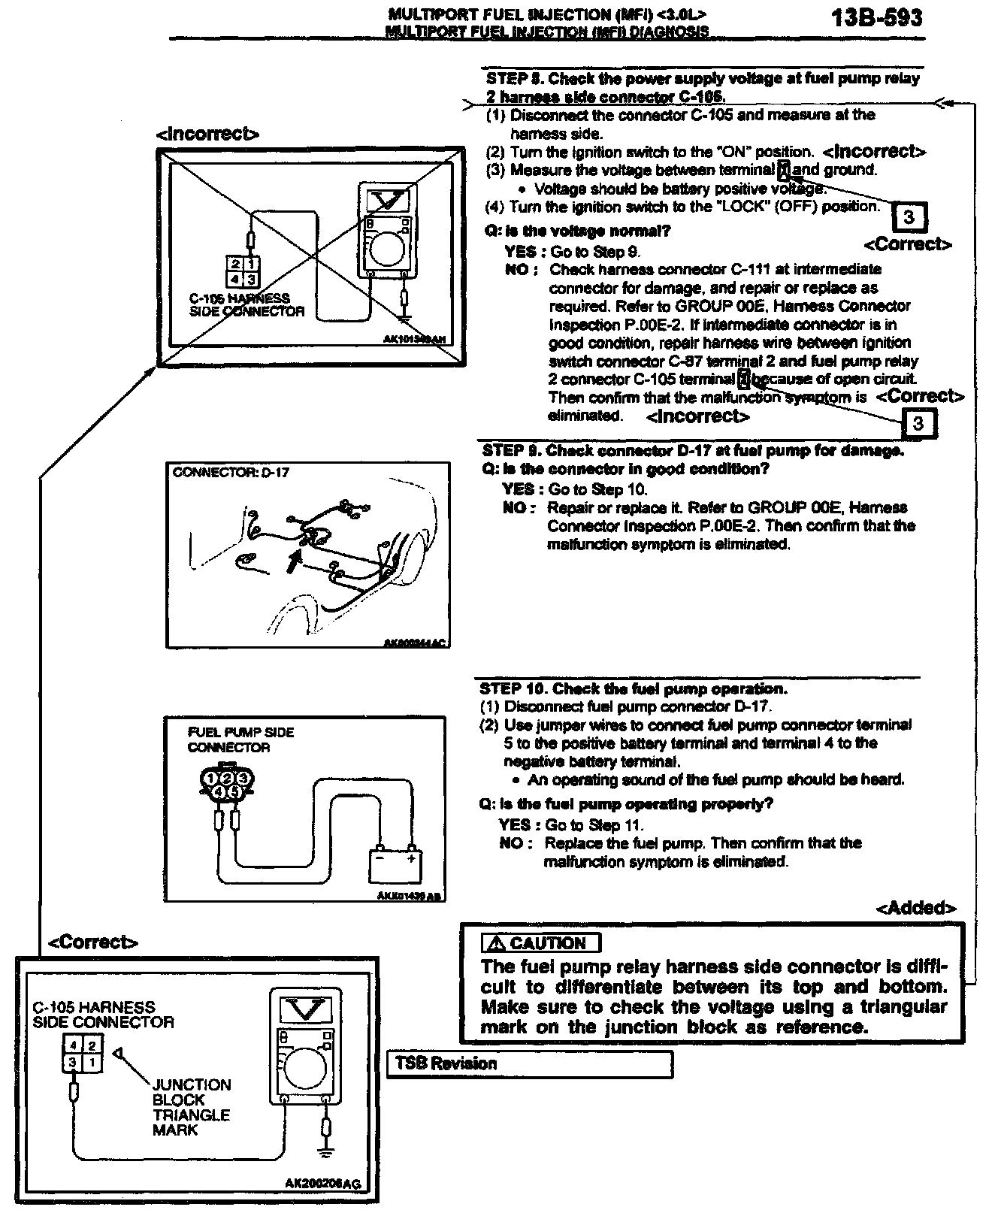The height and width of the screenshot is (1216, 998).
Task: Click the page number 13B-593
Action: tap(876, 18)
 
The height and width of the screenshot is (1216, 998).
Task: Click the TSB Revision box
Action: tap(529, 1063)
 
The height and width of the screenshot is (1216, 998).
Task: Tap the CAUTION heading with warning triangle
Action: tap(541, 943)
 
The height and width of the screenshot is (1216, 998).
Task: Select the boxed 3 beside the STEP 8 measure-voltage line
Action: tap(909, 217)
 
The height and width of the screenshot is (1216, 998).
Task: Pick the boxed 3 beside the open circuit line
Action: tap(918, 423)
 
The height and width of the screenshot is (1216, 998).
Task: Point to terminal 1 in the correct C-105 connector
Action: tap(92, 1063)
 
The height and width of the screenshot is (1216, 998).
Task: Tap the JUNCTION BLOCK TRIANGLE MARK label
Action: tap(191, 1107)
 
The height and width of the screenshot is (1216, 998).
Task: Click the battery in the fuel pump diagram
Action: tap(395, 864)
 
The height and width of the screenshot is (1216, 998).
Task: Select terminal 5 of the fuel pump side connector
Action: tap(234, 791)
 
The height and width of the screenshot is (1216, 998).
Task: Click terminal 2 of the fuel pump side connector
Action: tap(226, 778)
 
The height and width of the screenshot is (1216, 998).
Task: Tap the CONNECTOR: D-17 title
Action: tap(231, 473)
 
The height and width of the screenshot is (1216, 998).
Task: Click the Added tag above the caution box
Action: tap(916, 908)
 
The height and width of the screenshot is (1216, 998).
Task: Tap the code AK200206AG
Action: tap(322, 1184)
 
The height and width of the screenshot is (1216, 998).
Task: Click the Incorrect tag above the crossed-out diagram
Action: tap(207, 135)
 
